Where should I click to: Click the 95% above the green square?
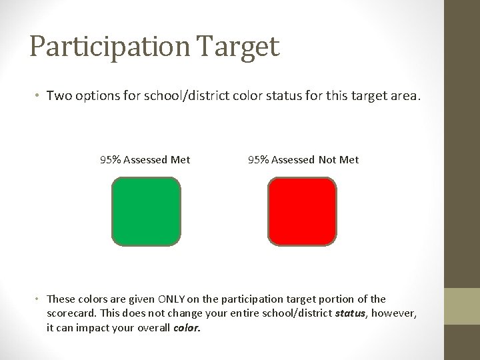[110, 159]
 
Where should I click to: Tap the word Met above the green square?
[180, 159]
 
